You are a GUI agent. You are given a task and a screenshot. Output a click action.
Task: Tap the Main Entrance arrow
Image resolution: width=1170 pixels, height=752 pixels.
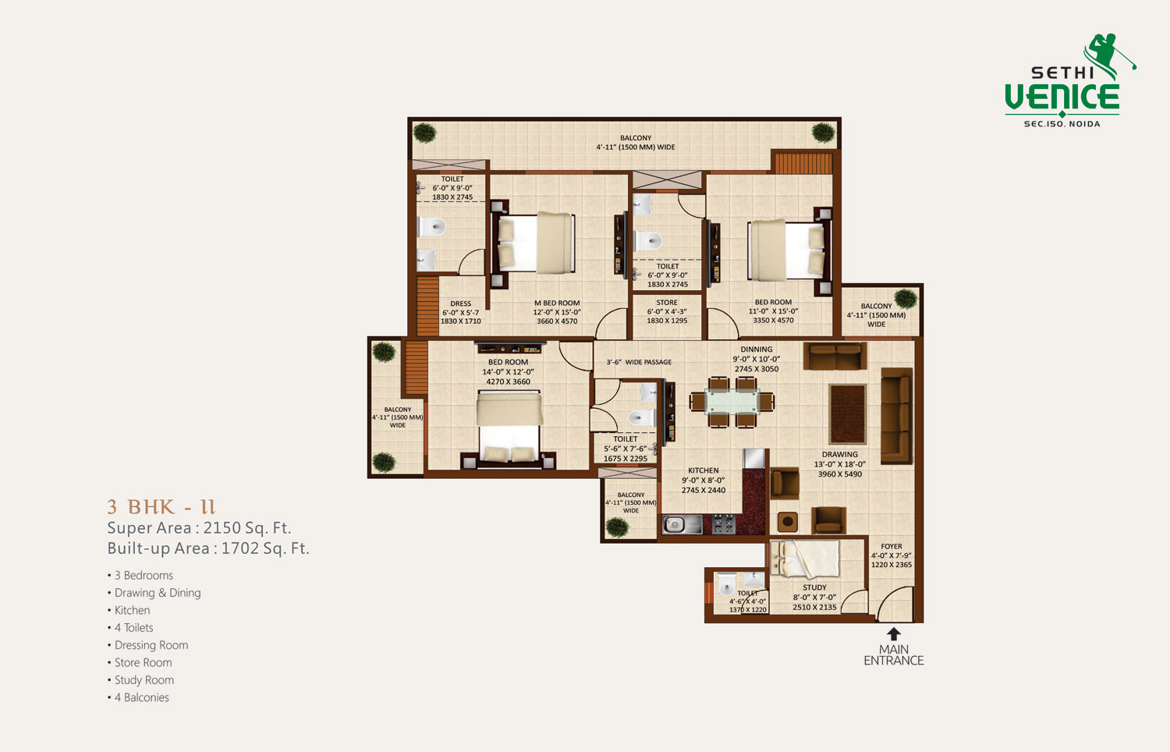pos(894,634)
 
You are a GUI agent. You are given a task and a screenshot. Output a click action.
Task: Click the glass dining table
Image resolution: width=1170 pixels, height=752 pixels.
pos(732,402)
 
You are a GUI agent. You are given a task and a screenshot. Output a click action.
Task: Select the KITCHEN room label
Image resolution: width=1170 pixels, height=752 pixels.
pos(703,470)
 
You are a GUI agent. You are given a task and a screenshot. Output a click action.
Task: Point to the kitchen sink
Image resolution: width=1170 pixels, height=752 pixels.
pos(682,524)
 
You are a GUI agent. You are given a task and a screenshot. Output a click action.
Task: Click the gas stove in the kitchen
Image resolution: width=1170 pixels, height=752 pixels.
pos(724,523)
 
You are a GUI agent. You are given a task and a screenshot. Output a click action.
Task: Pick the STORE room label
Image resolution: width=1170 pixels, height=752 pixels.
pos(666,303)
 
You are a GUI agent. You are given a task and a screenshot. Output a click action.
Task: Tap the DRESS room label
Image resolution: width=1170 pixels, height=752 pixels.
pos(461,303)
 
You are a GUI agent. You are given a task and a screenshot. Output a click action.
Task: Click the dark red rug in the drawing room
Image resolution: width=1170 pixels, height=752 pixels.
pos(847,414)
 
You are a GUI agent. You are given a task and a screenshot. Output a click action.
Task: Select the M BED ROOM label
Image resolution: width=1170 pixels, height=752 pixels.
pos(557,303)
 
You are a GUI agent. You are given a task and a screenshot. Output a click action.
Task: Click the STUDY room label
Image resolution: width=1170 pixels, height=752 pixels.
pos(814,587)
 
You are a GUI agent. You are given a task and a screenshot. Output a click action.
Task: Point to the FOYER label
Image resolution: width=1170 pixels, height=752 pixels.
pos(891,546)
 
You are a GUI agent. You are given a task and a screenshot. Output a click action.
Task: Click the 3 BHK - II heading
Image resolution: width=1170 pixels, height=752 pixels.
pos(161,507)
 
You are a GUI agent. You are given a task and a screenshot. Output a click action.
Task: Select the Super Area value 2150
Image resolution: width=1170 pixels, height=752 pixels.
pos(222,528)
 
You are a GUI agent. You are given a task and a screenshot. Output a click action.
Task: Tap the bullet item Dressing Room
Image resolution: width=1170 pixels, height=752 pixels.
pos(151,645)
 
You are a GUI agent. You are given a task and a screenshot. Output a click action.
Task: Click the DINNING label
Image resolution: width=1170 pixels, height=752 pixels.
pos(756,349)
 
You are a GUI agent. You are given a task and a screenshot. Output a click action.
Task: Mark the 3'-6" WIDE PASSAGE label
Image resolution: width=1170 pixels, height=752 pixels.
pos(639,362)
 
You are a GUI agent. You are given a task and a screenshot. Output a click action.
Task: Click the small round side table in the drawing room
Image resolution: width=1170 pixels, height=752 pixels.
pos(788,522)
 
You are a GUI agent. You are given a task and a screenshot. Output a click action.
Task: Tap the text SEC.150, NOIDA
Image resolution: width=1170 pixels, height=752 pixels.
pos(1062,124)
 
